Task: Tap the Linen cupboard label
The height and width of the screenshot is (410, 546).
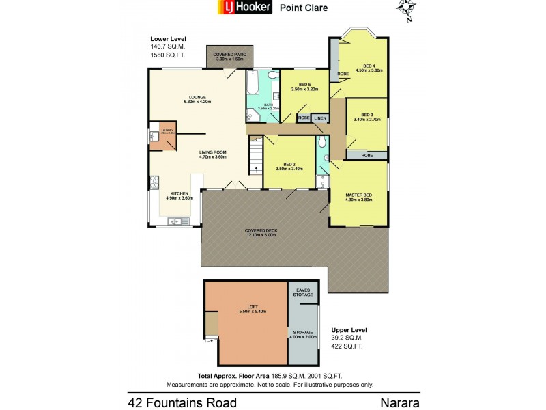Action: (x=320, y=118)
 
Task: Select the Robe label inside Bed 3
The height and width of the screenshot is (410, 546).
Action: (x=367, y=155)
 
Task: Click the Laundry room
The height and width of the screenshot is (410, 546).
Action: (x=164, y=136)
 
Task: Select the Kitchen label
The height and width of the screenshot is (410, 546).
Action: (x=180, y=195)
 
